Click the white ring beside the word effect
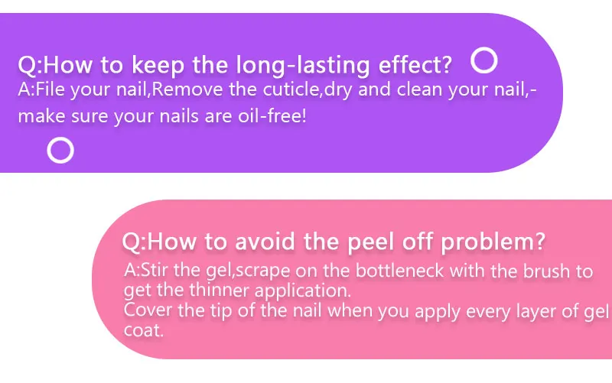click(484, 49)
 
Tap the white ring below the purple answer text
click(60, 138)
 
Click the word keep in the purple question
click(158, 65)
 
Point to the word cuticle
click(291, 89)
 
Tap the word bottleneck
click(399, 271)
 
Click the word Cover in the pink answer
click(148, 310)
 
